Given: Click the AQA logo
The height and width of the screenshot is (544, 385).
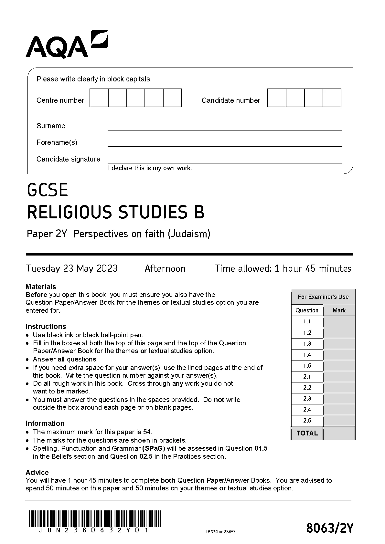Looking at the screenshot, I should tap(67, 44).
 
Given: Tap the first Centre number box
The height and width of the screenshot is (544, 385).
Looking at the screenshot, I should tap(99, 98).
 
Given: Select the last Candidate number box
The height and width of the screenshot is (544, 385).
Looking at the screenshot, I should tap(332, 98).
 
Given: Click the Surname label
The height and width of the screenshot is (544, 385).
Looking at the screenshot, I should tap(51, 126).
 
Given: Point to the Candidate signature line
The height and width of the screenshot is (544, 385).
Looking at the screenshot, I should tap(224, 162).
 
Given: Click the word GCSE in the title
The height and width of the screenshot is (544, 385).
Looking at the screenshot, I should tap(48, 190).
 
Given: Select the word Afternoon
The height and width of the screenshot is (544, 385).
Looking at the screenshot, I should tap(165, 268).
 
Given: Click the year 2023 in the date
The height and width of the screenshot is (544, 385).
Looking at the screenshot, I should tap(107, 268).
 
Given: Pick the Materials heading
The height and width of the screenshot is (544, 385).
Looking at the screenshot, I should tap(41, 287).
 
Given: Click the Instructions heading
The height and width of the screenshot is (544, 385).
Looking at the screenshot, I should tap(46, 326).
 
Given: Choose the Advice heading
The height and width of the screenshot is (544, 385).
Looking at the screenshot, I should tap(37, 472).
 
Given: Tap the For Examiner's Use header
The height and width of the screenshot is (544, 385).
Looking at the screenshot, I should tap(323, 297).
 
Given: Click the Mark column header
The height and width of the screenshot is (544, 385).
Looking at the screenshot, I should tap(339, 310).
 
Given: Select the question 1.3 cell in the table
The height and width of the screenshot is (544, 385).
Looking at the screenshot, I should tap(307, 344).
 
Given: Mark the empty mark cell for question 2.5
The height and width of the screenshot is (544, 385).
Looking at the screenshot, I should tap(339, 421).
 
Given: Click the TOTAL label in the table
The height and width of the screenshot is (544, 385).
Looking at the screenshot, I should tap(307, 433).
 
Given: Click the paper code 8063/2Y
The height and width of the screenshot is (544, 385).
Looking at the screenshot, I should tap(330, 528).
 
